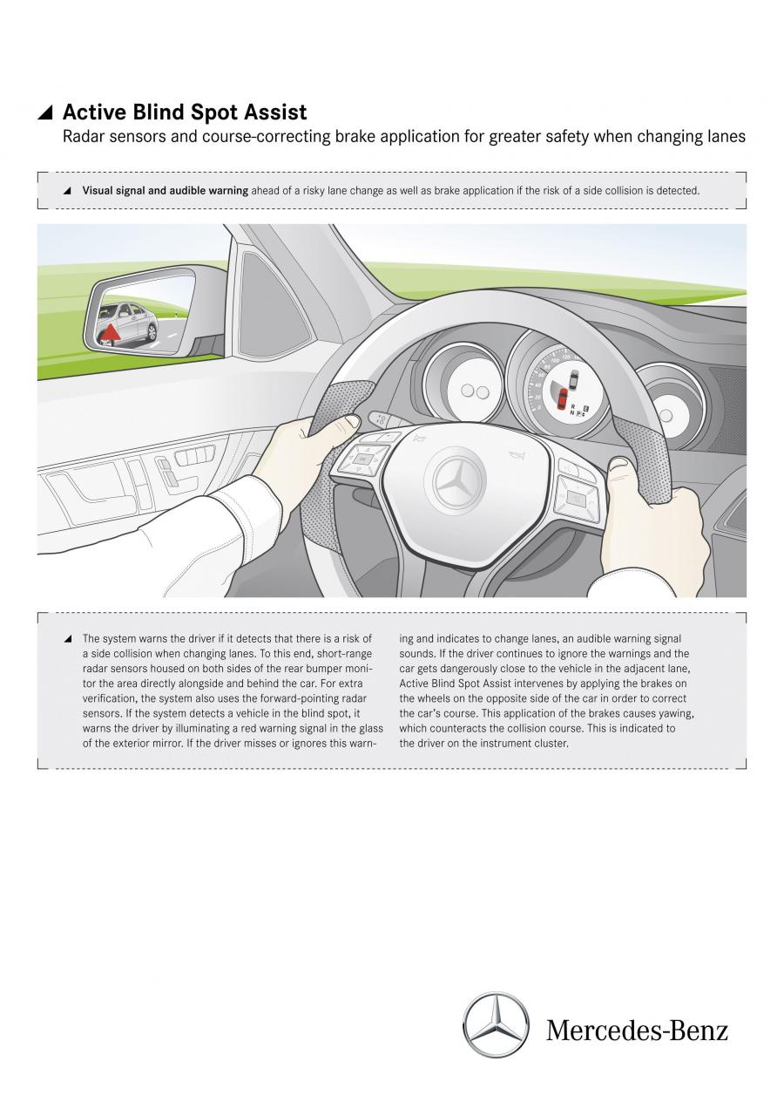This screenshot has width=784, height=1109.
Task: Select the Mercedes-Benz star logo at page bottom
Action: (496, 1024)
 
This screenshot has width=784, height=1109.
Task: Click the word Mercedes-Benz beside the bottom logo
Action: (637, 1031)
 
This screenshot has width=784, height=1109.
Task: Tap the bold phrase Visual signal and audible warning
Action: (166, 191)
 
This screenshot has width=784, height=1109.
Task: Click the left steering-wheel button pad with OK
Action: (359, 460)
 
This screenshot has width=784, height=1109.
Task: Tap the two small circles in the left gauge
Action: (475, 391)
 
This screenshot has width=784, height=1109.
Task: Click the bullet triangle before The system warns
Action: (68, 639)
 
